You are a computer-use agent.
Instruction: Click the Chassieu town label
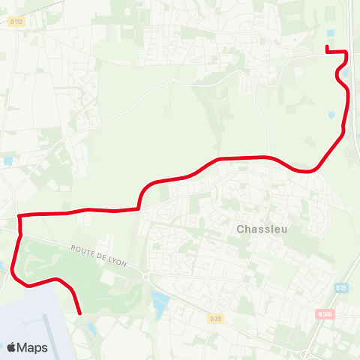pyautogui.click(x=259, y=229)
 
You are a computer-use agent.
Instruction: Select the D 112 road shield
pyautogui.click(x=16, y=22)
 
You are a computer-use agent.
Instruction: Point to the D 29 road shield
pyautogui.click(x=215, y=319)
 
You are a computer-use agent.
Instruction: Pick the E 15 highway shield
pyautogui.click(x=342, y=287)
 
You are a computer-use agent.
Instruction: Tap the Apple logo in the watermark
pyautogui.click(x=12, y=347)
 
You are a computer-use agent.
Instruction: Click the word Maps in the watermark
pyautogui.click(x=32, y=347)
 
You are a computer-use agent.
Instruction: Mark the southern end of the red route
pyautogui.click(x=79, y=313)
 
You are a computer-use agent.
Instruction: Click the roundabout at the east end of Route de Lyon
pyautogui.click(x=145, y=277)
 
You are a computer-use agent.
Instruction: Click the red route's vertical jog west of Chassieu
pyautogui.click(x=139, y=197)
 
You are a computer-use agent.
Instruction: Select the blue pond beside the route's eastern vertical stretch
pyautogui.click(x=331, y=115)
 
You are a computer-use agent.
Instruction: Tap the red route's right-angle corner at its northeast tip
pyautogui.click(x=346, y=52)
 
